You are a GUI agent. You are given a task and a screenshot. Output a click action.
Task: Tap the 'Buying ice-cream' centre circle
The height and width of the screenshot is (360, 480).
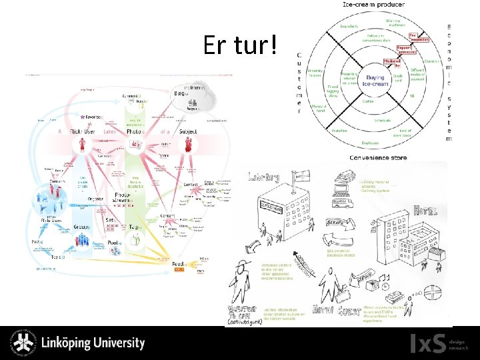[374, 81]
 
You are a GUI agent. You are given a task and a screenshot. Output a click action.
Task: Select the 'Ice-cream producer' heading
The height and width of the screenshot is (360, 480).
[375, 5]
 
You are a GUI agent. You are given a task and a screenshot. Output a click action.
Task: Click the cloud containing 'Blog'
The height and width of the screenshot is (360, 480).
[193, 96]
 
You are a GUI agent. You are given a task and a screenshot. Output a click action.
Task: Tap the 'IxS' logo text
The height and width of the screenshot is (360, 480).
[427, 343]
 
